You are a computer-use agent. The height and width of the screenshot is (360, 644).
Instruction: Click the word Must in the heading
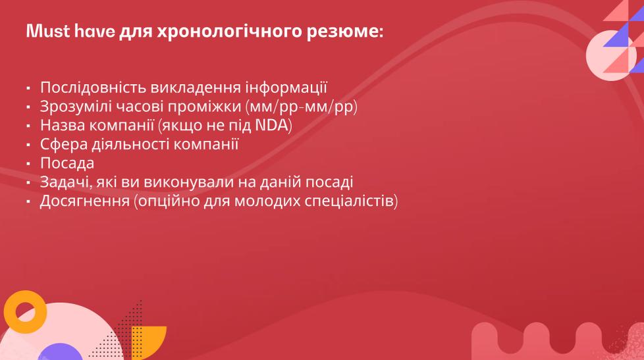tap(48, 31)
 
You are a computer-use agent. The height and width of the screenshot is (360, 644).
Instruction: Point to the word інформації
tap(286, 88)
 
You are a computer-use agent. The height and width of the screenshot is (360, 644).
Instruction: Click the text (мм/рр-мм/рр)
tap(302, 107)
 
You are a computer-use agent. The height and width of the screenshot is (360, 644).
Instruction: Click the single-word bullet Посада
tap(67, 163)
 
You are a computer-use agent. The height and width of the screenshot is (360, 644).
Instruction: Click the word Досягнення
tap(84, 201)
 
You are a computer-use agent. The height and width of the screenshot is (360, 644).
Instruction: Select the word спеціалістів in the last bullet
tap(352, 201)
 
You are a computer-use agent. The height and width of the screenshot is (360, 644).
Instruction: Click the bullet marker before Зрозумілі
tap(28, 107)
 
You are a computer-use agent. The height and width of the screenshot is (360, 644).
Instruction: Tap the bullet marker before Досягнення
tap(28, 201)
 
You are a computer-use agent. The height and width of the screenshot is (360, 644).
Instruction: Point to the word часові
tap(140, 107)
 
